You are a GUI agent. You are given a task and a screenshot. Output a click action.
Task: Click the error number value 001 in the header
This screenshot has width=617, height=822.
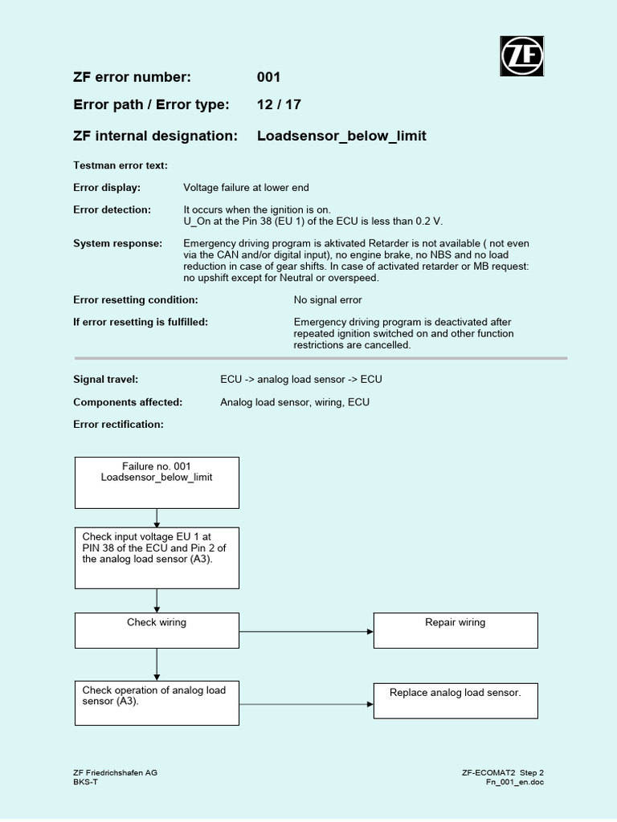pos(268,77)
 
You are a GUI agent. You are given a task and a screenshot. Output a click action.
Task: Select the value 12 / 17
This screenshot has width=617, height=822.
pos(279,105)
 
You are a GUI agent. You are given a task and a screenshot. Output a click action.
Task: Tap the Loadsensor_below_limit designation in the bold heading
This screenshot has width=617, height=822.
pos(341,136)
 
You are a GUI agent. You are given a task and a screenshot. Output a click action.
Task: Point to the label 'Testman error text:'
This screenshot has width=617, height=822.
pos(121,165)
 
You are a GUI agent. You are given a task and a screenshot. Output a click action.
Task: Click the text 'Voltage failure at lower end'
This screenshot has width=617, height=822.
pos(246,188)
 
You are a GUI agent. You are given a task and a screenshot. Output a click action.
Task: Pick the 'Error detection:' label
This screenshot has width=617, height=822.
pos(112,210)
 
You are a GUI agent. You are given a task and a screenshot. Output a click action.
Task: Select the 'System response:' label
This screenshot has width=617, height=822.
pos(117,243)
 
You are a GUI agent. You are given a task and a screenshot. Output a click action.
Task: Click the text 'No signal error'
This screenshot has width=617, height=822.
pos(328,299)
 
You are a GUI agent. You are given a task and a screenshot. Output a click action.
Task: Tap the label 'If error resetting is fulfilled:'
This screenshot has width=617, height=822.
pos(141,322)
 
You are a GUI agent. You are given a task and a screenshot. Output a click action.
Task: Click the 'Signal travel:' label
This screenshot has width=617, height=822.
pos(106,379)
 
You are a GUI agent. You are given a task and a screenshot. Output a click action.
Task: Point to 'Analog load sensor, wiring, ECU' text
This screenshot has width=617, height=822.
pos(295,401)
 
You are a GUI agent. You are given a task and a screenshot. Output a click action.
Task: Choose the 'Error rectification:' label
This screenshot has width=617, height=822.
pos(118,424)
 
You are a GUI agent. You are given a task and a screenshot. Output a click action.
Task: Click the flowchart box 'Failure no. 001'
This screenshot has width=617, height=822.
pos(157,482)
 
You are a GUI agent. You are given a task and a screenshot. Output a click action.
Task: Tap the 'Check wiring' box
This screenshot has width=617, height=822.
pos(157,630)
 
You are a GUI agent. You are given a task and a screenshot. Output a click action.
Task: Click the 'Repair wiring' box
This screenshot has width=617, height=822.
pos(456,630)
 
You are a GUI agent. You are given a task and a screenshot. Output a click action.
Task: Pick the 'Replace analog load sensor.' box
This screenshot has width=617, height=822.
pos(456,700)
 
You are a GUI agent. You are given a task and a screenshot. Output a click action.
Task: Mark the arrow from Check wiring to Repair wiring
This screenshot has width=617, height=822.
pos(306,631)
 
